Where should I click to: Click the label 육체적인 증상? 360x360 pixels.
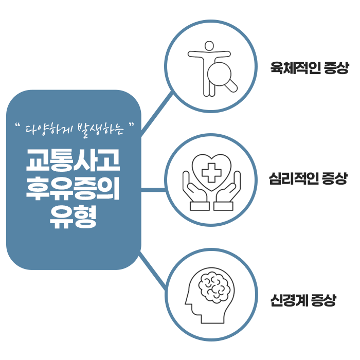point(310,68)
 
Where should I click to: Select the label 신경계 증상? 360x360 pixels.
point(303,300)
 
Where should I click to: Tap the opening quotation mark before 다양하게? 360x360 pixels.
point(18,125)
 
